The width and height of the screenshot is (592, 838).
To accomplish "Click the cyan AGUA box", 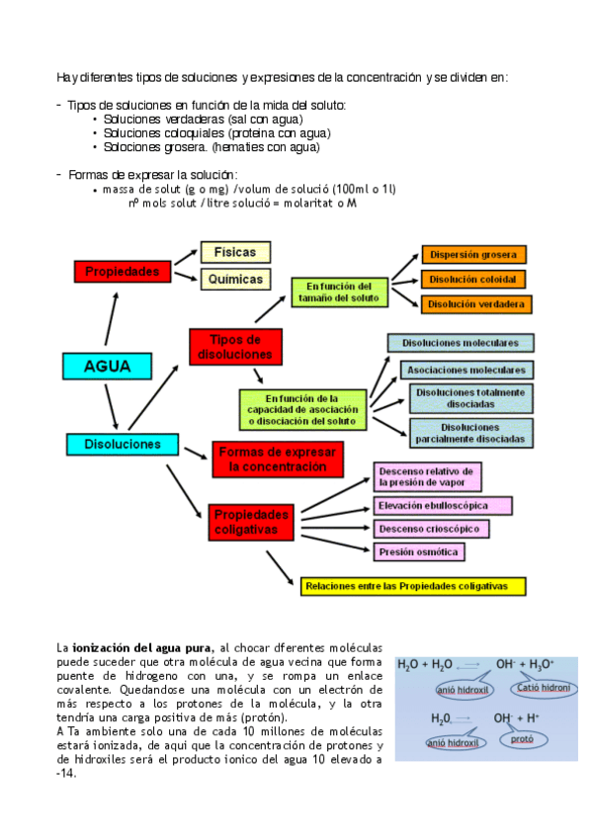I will (x=109, y=366).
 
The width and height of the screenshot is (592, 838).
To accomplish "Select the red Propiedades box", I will (x=117, y=270).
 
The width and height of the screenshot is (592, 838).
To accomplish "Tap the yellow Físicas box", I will (x=235, y=252).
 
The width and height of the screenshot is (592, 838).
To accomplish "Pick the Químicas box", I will (x=235, y=279).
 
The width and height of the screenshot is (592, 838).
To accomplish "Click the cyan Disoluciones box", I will (x=121, y=444).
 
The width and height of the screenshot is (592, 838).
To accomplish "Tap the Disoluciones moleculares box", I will (x=461, y=343).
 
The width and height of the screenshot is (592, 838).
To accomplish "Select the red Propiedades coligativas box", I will (x=251, y=522).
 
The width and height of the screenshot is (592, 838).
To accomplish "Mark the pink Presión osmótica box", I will (x=419, y=551).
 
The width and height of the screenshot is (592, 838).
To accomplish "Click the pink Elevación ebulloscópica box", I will (x=443, y=505).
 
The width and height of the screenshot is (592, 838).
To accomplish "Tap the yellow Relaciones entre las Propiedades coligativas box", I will (x=413, y=585).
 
